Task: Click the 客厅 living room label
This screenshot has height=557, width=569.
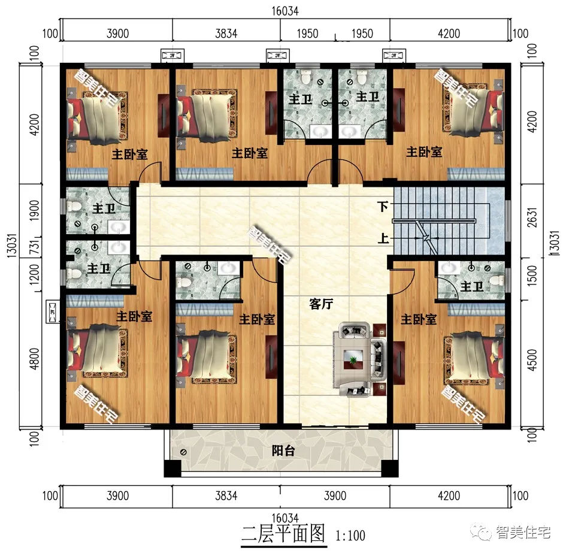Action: coord(321,304)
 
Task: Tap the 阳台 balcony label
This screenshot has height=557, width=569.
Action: coord(283,451)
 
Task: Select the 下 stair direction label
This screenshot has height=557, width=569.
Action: coord(383,207)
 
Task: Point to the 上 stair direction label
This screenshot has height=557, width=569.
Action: coord(383,238)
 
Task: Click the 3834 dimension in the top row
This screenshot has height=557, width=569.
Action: coord(226,34)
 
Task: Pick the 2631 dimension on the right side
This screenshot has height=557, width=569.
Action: coord(532,217)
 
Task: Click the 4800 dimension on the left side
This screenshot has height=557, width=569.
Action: coord(34,359)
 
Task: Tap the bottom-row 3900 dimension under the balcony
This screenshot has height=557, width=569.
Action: coord(335,496)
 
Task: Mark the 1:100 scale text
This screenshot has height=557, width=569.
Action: coord(350,535)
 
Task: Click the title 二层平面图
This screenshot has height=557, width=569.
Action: coord(283,534)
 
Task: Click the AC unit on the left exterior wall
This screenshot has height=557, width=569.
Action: coord(53,311)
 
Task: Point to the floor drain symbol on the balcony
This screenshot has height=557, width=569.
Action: coord(183,452)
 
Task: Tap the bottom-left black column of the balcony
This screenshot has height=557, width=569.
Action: coord(172,468)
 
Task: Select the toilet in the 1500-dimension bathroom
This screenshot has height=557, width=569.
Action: coord(497,280)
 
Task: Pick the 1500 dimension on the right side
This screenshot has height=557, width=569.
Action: coord(532,276)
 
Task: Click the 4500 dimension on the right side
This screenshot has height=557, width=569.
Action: coord(532,359)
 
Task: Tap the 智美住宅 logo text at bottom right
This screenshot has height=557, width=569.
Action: coord(523,532)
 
